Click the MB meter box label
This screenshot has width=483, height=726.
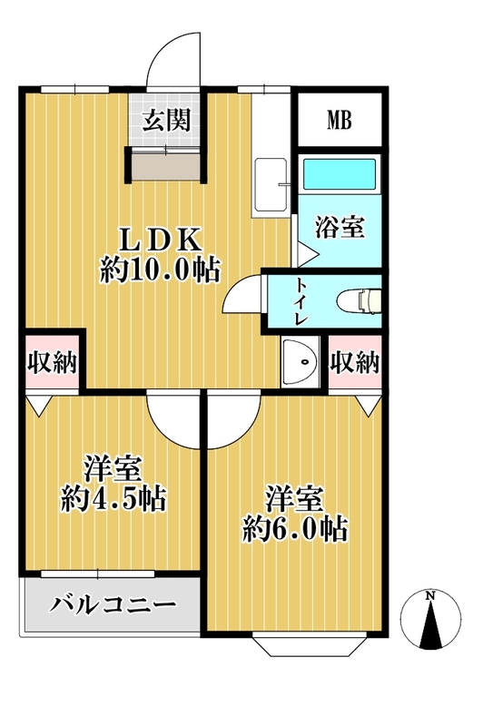pos(340,120)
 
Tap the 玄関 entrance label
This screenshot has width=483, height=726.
pos(167,120)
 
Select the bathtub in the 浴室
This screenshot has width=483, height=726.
pos(339,174)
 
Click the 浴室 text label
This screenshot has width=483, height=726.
pos(340,228)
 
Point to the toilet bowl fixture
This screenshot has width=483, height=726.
pos(359,300)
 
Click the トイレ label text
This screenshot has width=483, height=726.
pos(301,301)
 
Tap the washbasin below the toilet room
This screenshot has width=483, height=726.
pos(301,361)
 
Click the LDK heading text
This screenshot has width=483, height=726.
pos(160,240)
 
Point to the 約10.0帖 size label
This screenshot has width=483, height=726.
pos(160,269)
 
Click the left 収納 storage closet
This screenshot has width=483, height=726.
pos(52,361)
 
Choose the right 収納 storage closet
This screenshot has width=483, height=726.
pos(355,361)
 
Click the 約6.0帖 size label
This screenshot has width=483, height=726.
pos(295,529)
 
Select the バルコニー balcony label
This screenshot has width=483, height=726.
pos(113,604)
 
